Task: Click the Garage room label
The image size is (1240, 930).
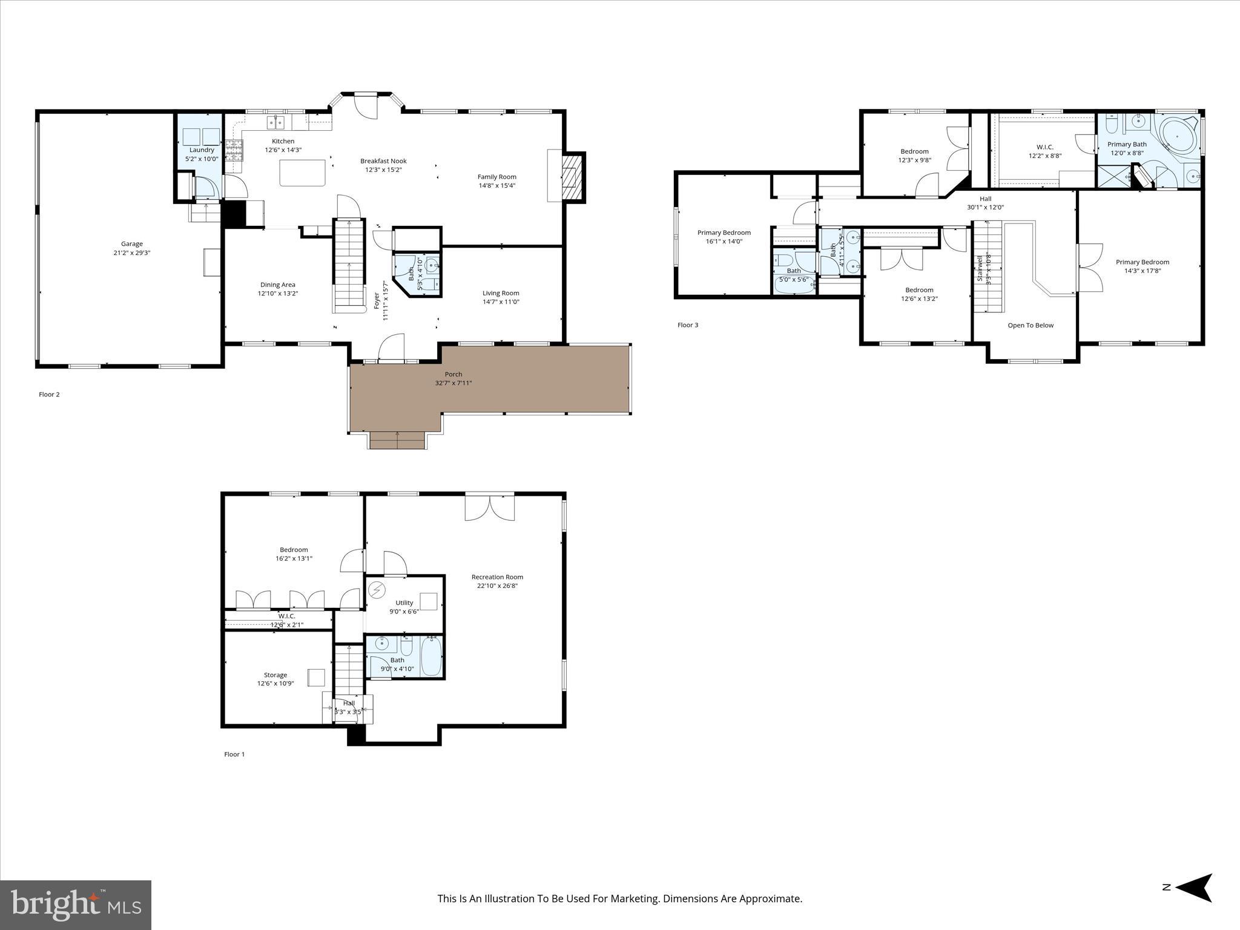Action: click(x=131, y=244)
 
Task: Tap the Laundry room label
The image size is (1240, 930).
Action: click(x=202, y=150)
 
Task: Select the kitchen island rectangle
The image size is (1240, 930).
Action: click(x=302, y=173)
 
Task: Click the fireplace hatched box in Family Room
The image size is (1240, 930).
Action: click(x=572, y=176)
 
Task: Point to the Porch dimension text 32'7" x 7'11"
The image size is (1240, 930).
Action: click(x=453, y=383)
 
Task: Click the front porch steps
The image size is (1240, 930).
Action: click(x=397, y=440)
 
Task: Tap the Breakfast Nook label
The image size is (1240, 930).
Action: click(x=383, y=161)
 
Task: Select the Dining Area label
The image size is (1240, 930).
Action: click(x=278, y=285)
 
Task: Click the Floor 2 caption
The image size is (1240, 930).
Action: click(x=49, y=395)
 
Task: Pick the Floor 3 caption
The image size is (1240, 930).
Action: click(x=688, y=325)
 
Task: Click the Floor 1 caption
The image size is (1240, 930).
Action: click(x=234, y=754)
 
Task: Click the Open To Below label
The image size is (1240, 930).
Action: click(x=1031, y=326)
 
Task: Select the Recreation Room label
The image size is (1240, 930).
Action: click(x=497, y=577)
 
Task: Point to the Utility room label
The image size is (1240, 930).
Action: click(x=404, y=602)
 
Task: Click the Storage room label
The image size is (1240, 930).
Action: click(x=275, y=675)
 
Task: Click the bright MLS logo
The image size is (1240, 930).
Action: click(x=76, y=905)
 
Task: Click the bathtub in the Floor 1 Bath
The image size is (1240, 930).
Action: click(x=431, y=656)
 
